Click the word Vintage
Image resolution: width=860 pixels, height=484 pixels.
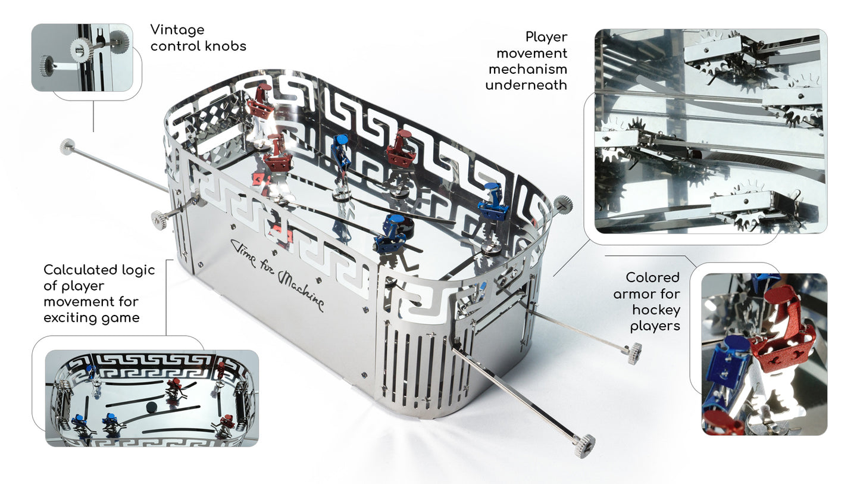click(177, 30)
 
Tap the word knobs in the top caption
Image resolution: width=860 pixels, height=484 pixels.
click(226, 46)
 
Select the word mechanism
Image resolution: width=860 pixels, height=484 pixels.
click(528, 69)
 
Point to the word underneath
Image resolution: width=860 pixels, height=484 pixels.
click(526, 85)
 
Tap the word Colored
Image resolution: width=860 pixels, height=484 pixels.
click(653, 277)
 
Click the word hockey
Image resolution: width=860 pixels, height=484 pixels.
click(656, 310)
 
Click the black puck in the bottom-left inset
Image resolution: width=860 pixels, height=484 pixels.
click(152, 407)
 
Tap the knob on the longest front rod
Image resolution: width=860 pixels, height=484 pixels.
click(584, 446)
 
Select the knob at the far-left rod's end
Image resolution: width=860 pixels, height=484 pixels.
click(67, 146)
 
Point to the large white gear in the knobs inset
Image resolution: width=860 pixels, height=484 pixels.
click(83, 49)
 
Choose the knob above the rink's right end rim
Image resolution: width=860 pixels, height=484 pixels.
click(563, 204)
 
